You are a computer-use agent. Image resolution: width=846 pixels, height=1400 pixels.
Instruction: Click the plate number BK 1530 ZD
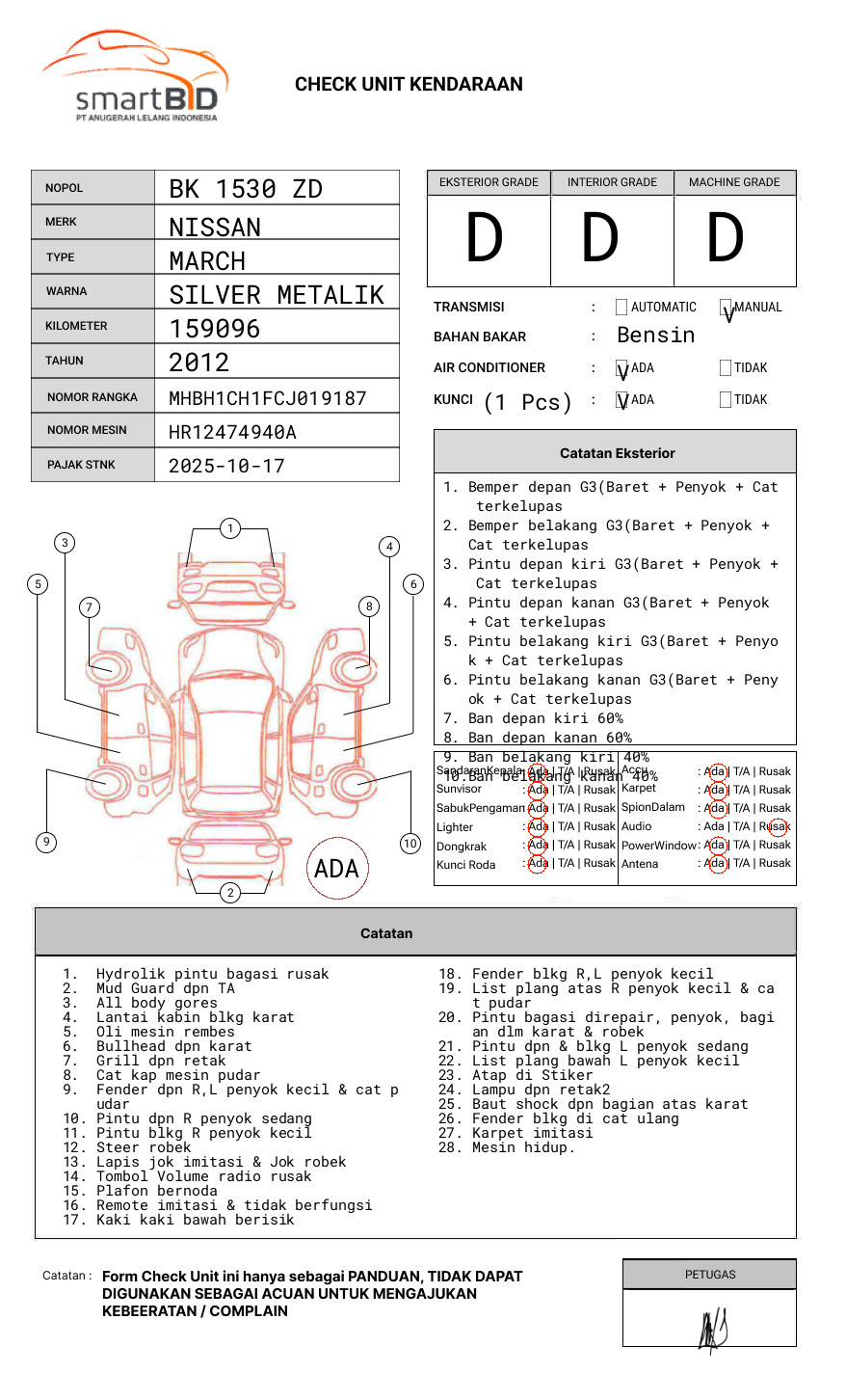pyautogui.click(x=246, y=189)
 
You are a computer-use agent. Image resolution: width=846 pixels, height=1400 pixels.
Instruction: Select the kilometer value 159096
pyautogui.click(x=214, y=329)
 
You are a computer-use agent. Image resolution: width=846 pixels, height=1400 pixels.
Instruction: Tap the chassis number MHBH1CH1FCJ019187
pyautogui.click(x=267, y=398)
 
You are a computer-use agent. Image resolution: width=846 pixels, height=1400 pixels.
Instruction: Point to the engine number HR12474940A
pyautogui.click(x=232, y=432)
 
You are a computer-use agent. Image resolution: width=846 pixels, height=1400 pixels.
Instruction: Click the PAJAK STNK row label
pyautogui.click(x=81, y=465)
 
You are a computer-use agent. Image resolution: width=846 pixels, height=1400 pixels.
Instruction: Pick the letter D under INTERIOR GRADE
pyautogui.click(x=599, y=239)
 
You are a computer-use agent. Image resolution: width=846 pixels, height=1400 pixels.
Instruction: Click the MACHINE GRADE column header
pyautogui.click(x=734, y=182)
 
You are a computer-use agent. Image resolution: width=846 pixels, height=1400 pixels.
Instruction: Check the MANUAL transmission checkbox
pyautogui.click(x=726, y=308)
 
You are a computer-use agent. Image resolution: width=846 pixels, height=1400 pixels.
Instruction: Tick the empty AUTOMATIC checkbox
pyautogui.click(x=621, y=308)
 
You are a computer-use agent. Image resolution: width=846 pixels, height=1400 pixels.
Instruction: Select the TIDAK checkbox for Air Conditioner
pyautogui.click(x=726, y=367)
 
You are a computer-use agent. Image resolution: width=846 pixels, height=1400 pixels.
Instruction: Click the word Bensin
pyautogui.click(x=655, y=336)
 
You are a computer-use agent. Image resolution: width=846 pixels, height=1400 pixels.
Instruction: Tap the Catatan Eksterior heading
pyautogui.click(x=617, y=453)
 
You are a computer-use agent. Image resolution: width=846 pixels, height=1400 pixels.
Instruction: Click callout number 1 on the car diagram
pyautogui.click(x=229, y=527)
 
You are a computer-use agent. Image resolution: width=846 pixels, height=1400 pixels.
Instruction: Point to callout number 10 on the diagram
pyautogui.click(x=410, y=844)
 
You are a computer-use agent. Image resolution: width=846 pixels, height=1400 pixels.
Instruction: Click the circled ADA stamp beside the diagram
pyautogui.click(x=336, y=869)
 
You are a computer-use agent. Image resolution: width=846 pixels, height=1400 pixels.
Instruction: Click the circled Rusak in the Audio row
pyautogui.click(x=776, y=826)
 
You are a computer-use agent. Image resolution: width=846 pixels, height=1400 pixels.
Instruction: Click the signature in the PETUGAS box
pyautogui.click(x=712, y=1330)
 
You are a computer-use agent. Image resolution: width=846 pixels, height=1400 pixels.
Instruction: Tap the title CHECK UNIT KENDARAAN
pyautogui.click(x=409, y=85)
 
